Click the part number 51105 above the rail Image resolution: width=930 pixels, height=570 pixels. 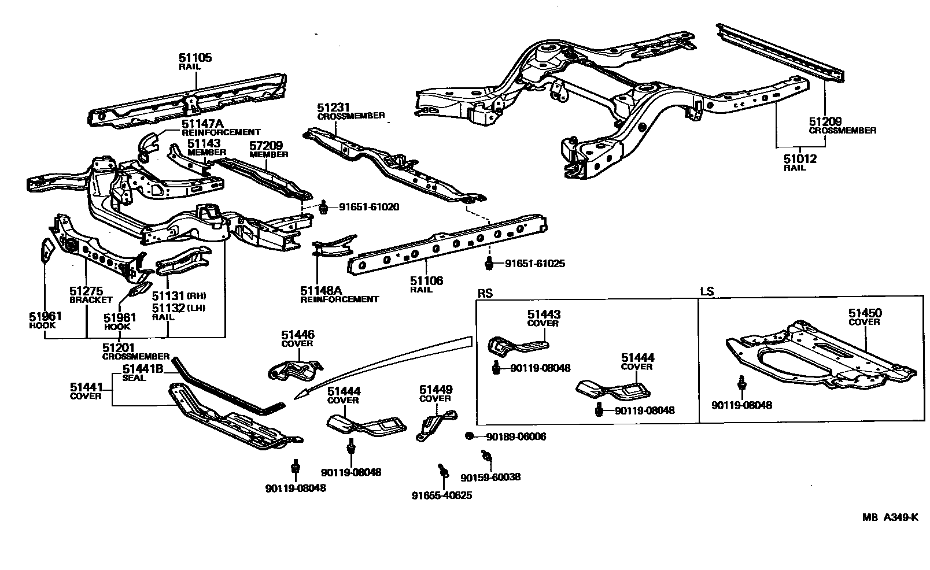point(195,58)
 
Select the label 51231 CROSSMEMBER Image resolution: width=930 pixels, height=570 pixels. point(350,111)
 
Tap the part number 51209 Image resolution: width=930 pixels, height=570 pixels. point(825,122)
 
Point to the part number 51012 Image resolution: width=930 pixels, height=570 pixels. point(800,158)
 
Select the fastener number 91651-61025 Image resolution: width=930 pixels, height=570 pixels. point(534,264)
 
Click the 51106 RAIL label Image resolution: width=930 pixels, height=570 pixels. point(426,284)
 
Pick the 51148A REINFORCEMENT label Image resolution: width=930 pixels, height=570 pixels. point(339,294)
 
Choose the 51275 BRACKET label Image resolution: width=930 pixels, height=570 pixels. point(90,295)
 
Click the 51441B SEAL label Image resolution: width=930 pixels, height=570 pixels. point(142,373)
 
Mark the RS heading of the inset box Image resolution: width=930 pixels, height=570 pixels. point(485,293)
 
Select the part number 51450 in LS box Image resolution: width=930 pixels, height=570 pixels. point(865,313)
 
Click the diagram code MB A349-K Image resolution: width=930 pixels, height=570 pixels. point(890,517)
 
